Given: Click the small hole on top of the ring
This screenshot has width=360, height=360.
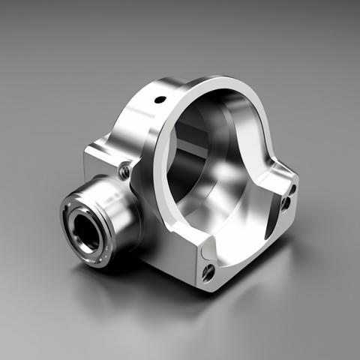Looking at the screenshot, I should click(x=160, y=99).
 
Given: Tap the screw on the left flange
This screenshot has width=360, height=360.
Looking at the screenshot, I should click(x=124, y=171).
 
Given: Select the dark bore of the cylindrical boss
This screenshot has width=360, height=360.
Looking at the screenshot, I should click(x=86, y=230).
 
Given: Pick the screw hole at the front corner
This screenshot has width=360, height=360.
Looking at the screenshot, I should click(x=209, y=271).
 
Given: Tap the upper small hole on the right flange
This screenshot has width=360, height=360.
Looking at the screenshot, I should click(x=292, y=189).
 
